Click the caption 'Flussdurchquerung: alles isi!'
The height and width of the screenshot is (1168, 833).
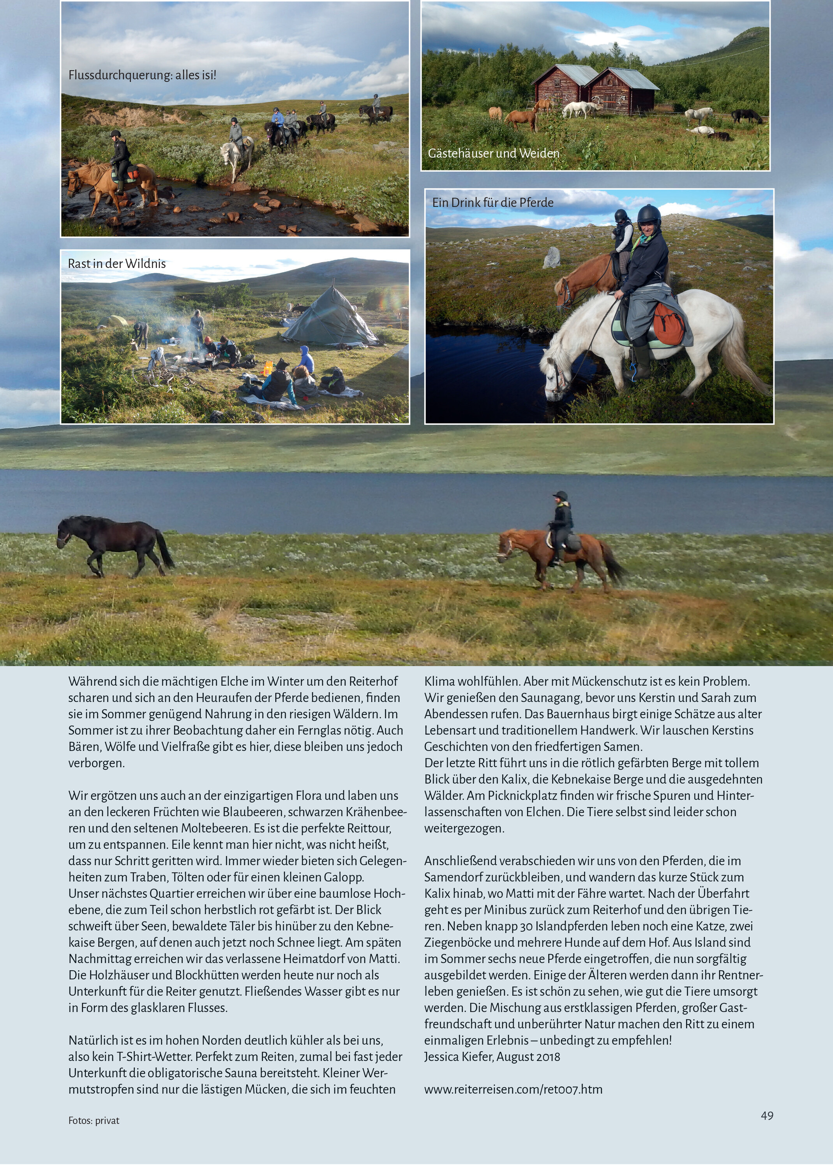(x=142, y=75)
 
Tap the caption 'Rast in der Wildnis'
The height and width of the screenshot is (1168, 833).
(x=116, y=264)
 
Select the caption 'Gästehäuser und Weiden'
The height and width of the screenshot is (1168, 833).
(x=493, y=153)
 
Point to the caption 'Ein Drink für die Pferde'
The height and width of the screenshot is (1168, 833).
(x=492, y=202)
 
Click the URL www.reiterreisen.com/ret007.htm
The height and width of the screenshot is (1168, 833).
(x=513, y=1089)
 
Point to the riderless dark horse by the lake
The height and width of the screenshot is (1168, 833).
(x=115, y=543)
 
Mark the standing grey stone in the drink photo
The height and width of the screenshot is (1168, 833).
(x=551, y=257)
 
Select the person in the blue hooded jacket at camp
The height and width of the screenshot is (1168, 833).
(x=306, y=359)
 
